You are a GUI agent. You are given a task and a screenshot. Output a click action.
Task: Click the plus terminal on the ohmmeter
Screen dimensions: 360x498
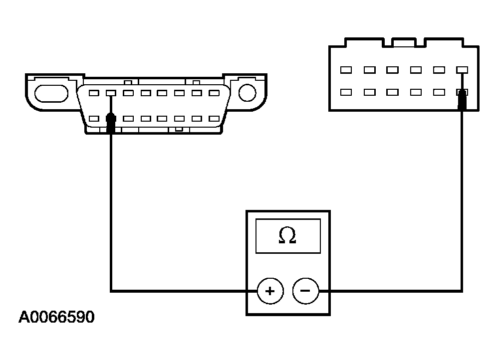click(x=270, y=291)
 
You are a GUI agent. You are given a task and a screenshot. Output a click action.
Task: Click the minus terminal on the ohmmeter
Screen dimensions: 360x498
click(x=305, y=291)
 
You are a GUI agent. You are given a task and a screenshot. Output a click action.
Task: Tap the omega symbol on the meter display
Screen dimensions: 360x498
click(x=287, y=235)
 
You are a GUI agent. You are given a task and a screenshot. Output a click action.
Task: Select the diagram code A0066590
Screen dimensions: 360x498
click(x=56, y=318)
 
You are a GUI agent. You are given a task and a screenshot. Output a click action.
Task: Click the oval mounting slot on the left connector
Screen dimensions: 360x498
click(x=50, y=93)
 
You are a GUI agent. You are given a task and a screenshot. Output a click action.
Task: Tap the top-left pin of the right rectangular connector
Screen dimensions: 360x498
click(x=346, y=70)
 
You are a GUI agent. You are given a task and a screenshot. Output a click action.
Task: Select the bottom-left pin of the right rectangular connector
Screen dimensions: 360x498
click(x=346, y=92)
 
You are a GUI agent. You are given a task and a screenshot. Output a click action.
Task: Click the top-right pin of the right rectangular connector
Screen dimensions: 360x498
click(x=462, y=70)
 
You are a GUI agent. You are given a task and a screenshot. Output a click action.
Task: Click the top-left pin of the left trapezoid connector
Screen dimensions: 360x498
click(x=94, y=93)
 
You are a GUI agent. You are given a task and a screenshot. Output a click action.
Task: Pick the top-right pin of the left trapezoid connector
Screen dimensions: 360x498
click(x=214, y=93)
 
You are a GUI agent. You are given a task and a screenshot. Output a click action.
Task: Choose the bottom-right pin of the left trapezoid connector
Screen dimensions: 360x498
click(x=214, y=119)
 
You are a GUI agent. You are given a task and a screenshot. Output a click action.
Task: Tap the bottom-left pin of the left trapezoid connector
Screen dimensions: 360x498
click(x=94, y=119)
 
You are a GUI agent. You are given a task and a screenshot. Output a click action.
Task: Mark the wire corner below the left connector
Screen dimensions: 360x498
click(x=111, y=290)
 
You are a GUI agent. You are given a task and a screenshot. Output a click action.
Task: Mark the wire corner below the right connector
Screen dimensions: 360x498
click(x=462, y=290)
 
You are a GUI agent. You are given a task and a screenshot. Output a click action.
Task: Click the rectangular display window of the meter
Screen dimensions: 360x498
click(x=287, y=235)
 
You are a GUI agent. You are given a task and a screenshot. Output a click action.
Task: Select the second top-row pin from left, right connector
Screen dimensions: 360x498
click(x=369, y=70)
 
